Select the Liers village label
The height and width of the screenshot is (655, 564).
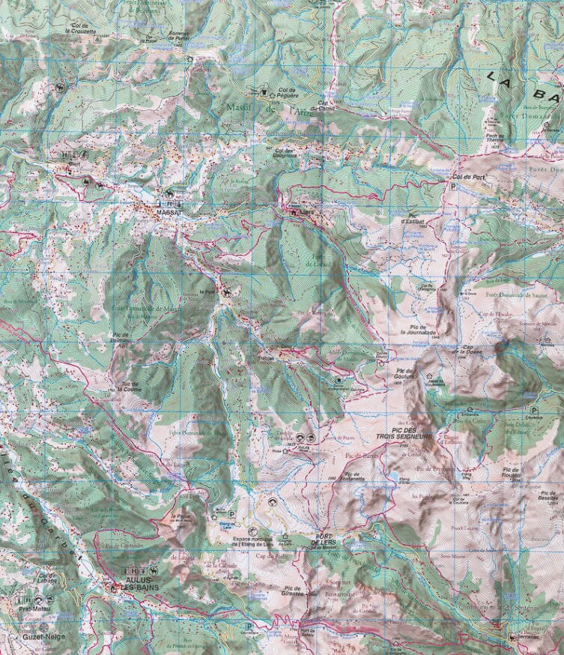309,213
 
